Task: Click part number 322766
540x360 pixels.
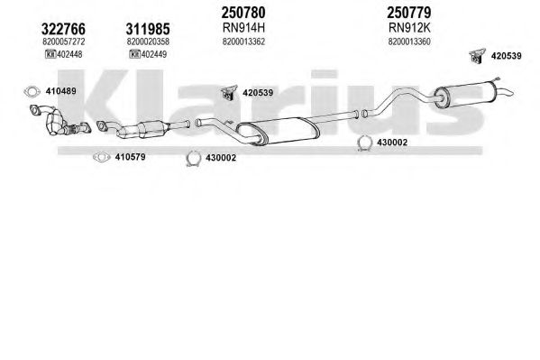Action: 63,29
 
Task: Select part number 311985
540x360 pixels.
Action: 148,29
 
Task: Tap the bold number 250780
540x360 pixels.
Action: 243,13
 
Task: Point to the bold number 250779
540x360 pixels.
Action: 409,13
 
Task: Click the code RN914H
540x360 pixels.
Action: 243,28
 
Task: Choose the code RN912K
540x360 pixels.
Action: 409,28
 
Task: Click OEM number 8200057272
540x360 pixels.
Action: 64,42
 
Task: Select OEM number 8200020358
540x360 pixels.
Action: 148,42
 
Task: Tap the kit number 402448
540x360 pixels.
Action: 69,54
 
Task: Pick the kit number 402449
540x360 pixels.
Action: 154,54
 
